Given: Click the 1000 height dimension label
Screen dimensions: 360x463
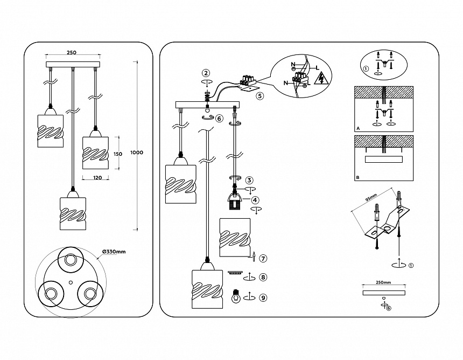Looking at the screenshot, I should point(137,153).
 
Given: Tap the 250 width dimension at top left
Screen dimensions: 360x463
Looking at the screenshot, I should point(71,52).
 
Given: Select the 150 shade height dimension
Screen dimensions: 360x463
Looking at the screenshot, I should point(118,154).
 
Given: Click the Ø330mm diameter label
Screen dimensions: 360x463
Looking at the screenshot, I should point(114,252).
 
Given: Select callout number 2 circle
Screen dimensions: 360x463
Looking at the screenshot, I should point(206,73).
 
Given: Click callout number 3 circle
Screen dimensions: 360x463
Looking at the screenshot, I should point(249,180).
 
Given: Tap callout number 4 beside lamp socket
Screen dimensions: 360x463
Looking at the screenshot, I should point(255,199).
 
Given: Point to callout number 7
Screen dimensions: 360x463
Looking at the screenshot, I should point(263,258).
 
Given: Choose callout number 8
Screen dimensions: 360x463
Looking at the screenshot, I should point(263,278).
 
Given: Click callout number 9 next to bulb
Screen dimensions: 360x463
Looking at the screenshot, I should point(263,297).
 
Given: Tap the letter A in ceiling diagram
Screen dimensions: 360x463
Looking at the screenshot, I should point(358,129).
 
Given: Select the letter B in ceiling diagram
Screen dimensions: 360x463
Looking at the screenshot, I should point(358,177).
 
